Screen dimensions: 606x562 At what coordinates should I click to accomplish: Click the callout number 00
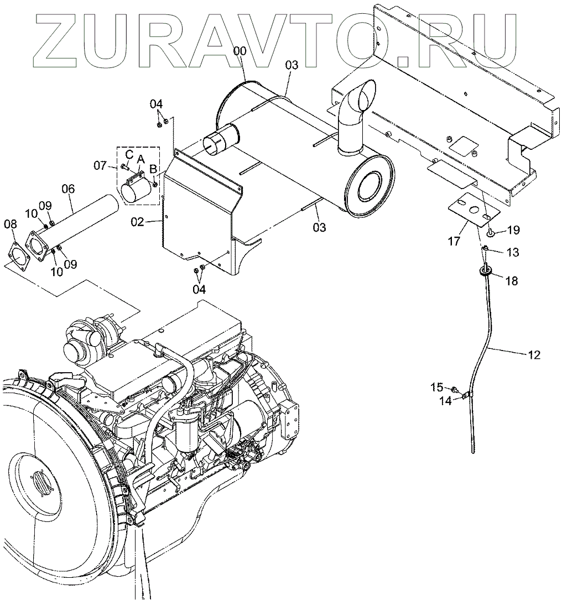click(x=240, y=51)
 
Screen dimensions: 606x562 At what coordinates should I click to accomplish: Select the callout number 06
click(x=68, y=189)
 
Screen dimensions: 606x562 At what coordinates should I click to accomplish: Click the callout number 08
click(x=11, y=224)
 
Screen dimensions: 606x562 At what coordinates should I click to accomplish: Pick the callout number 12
click(x=534, y=354)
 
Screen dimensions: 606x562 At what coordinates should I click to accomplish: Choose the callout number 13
click(x=513, y=252)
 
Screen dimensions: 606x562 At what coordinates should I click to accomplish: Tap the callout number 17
click(x=454, y=241)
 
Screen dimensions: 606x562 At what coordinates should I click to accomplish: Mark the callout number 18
click(x=512, y=281)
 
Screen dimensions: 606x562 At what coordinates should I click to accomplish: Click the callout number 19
click(x=513, y=229)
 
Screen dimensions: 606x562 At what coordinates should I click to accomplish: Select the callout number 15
click(x=436, y=388)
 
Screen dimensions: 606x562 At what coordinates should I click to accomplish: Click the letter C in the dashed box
click(x=128, y=153)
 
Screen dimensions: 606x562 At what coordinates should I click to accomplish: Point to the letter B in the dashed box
click(x=153, y=169)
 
